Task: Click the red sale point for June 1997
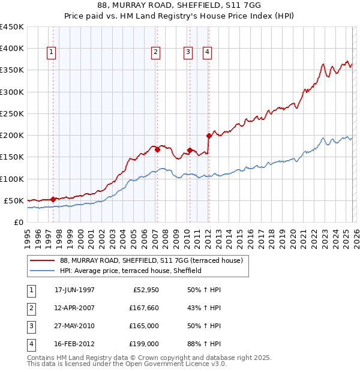coord(53,199)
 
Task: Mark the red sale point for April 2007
coord(157,150)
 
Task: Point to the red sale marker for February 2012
coord(209,136)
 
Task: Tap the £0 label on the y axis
coord(19,222)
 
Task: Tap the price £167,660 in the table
coord(143,308)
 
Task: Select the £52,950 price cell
coord(146,290)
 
